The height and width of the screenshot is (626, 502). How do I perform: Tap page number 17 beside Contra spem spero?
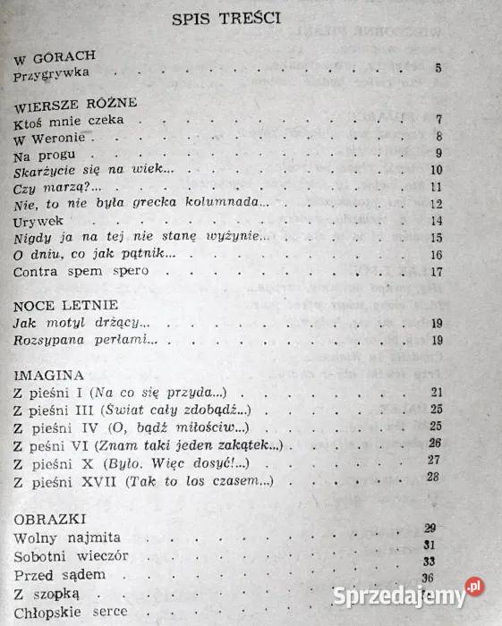point(437,271)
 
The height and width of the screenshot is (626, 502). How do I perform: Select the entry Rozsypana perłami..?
point(87,341)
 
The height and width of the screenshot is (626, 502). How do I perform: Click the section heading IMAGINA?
point(49,375)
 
